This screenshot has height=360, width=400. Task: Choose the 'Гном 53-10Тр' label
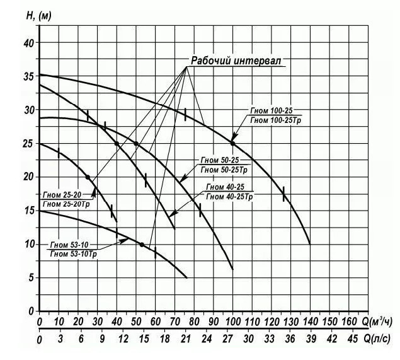pyautogui.click(x=73, y=253)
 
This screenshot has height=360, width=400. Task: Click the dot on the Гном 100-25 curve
pyautogui.click(x=232, y=143)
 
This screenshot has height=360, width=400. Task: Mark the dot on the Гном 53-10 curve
pyautogui.click(x=142, y=245)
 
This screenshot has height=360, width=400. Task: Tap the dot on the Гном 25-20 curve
pyautogui.click(x=88, y=177)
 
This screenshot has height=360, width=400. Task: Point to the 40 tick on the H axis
pyautogui.click(x=27, y=43)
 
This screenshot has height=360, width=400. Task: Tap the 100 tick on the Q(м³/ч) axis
pyautogui.click(x=232, y=323)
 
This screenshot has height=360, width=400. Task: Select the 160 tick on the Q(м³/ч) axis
pyautogui.click(x=348, y=323)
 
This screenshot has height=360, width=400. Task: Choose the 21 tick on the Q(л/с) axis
pyautogui.click(x=184, y=340)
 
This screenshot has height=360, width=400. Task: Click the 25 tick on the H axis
pyautogui.click(x=27, y=143)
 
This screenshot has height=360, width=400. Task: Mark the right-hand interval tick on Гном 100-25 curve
pyautogui.click(x=283, y=194)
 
